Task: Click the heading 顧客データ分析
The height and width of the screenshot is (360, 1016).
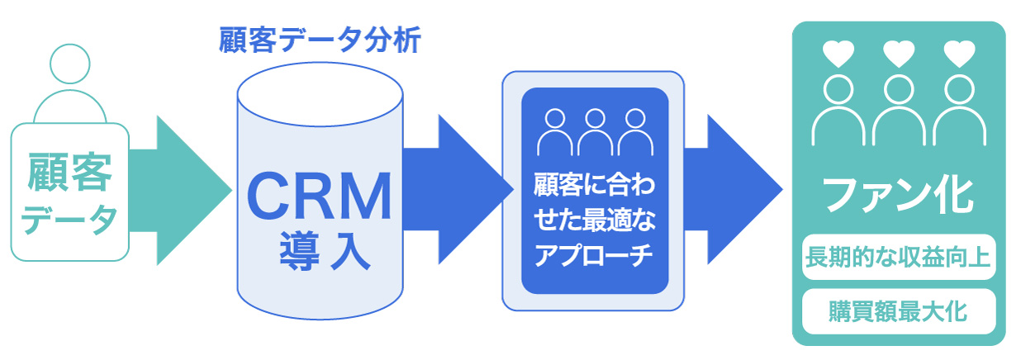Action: click(320, 39)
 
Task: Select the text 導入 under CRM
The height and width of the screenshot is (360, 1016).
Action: click(320, 253)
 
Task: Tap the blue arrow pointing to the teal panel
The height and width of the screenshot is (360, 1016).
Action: click(735, 190)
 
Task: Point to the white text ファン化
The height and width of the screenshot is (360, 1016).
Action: click(899, 195)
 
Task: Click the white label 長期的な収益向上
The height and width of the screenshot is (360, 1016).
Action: click(899, 258)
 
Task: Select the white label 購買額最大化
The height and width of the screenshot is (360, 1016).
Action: click(899, 312)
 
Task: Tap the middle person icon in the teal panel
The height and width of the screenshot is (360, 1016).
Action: click(899, 111)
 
